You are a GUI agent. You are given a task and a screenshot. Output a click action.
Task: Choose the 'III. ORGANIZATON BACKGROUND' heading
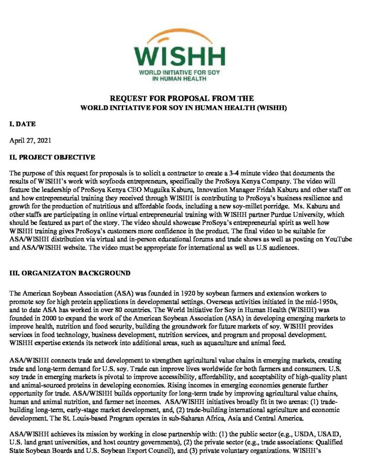click(70, 273)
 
